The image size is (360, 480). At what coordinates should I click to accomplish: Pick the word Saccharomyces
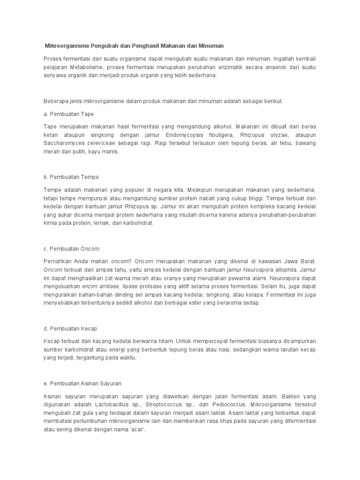tap(63, 143)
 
